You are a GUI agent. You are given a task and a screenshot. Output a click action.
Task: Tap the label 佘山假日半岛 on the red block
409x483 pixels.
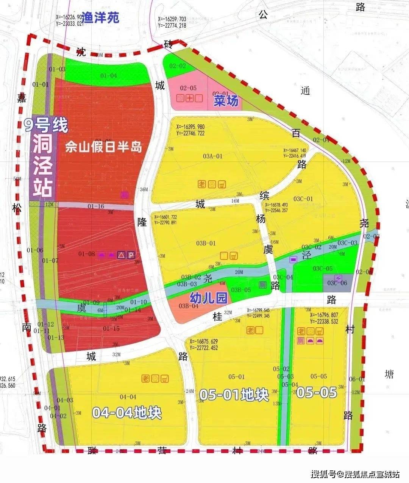(x=104, y=147)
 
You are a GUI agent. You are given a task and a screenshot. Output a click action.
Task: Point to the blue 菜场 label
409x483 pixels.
(x=226, y=101)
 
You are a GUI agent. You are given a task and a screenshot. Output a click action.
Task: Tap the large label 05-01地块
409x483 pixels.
(x=234, y=395)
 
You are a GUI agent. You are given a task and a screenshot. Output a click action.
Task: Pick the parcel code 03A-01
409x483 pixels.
(x=212, y=156)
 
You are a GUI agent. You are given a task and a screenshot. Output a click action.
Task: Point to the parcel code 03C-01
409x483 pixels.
(x=303, y=199)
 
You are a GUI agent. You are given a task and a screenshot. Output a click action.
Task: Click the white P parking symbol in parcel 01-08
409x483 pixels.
(x=130, y=255)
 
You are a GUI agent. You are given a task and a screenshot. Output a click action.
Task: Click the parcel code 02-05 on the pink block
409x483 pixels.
(x=188, y=88)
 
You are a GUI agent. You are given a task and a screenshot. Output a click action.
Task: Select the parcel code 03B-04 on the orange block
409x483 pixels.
(x=189, y=306)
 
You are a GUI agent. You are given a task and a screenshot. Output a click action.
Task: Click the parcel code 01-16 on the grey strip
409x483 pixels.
(x=95, y=206)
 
